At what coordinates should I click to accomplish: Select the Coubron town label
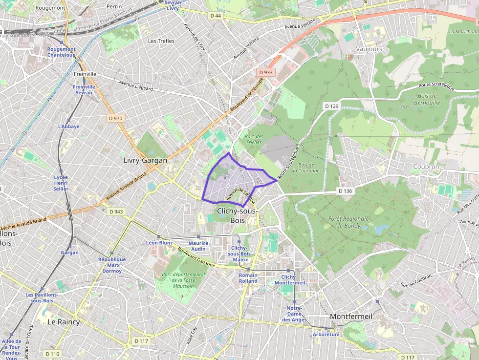[x=426, y=167]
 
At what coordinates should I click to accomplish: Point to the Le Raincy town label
[x=64, y=322]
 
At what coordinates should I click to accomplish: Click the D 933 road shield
[x=266, y=72]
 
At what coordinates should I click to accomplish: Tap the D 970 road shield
[x=116, y=118]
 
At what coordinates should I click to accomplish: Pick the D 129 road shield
[x=331, y=106]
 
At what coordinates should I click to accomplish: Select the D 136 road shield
[x=345, y=191]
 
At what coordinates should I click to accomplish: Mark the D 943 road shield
[x=116, y=212]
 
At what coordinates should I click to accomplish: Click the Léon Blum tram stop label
[x=159, y=243]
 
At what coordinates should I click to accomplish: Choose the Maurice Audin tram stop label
[x=198, y=246]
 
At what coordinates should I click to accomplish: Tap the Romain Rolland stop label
[x=248, y=278]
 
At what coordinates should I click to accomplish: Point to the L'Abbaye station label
[x=68, y=127]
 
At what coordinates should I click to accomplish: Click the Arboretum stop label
[x=326, y=335]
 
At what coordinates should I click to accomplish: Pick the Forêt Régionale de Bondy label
[x=352, y=222]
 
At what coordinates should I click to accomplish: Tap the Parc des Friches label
[x=254, y=139]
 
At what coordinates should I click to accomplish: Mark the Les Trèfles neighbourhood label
[x=161, y=41]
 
